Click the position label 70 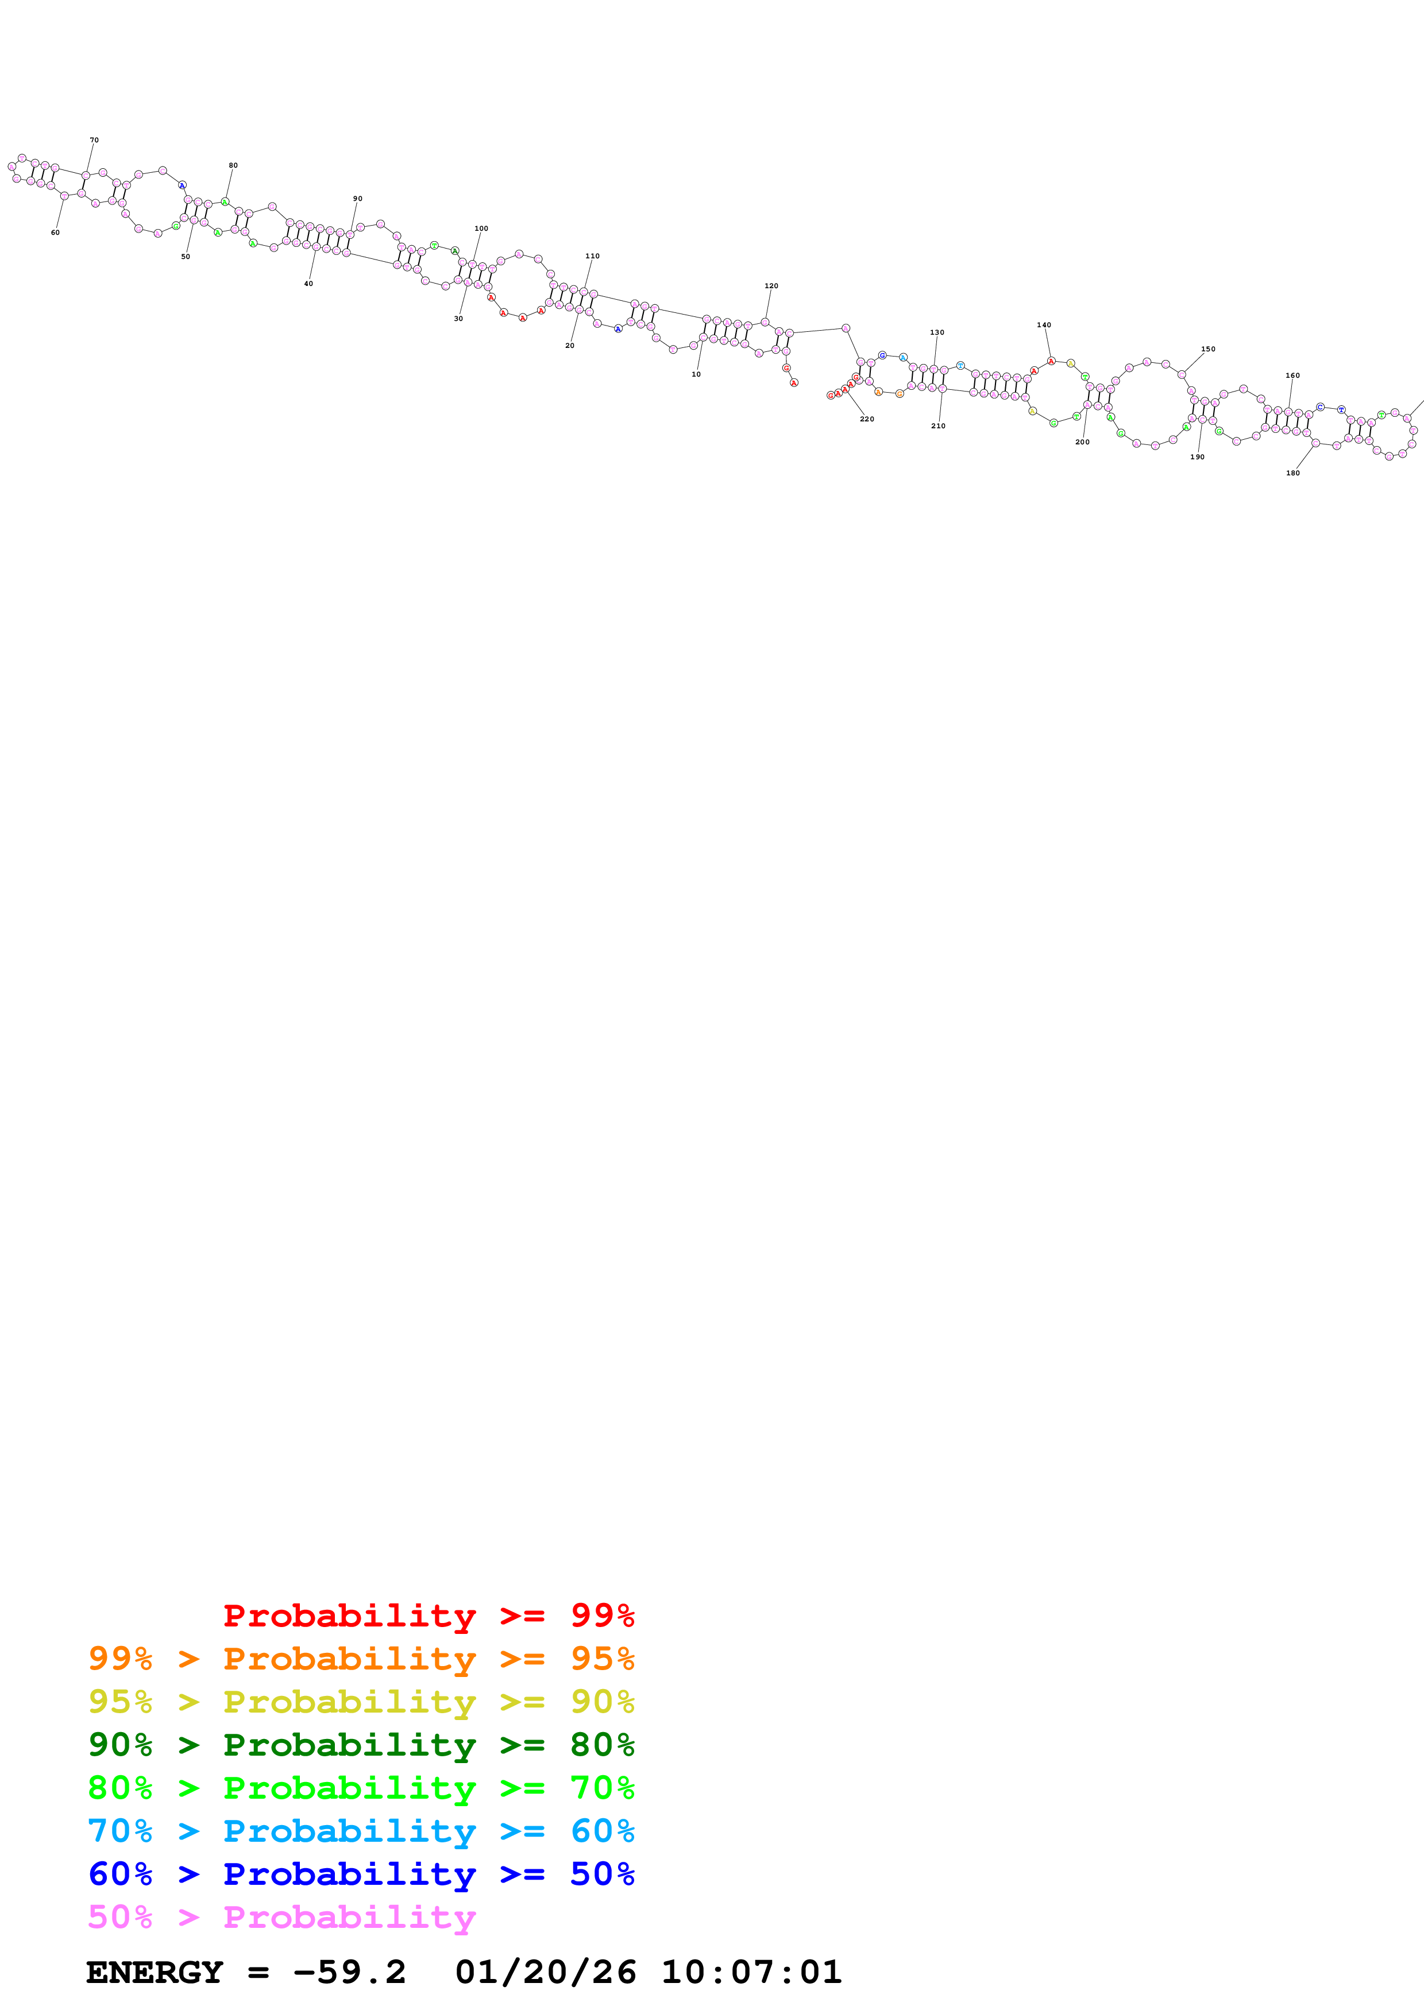pyautogui.click(x=94, y=140)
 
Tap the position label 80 pyautogui.click(x=233, y=165)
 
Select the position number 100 pyautogui.click(x=481, y=228)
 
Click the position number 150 pyautogui.click(x=1207, y=349)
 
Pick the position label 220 pyautogui.click(x=866, y=419)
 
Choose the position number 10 pyautogui.click(x=696, y=374)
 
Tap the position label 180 pyautogui.click(x=1292, y=473)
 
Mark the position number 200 pyautogui.click(x=1082, y=442)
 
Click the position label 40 pyautogui.click(x=308, y=284)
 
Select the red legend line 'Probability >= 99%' pyautogui.click(x=428, y=1616)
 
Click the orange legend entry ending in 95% pyautogui.click(x=361, y=1659)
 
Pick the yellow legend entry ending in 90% pyautogui.click(x=361, y=1702)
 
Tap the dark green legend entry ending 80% pyautogui.click(x=361, y=1745)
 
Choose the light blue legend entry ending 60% pyautogui.click(x=361, y=1831)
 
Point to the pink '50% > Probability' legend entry pyautogui.click(x=281, y=1916)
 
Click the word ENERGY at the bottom pyautogui.click(x=155, y=1972)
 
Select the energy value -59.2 pyautogui.click(x=349, y=1972)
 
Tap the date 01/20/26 pyautogui.click(x=545, y=1972)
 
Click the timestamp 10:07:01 pyautogui.click(x=751, y=1972)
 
